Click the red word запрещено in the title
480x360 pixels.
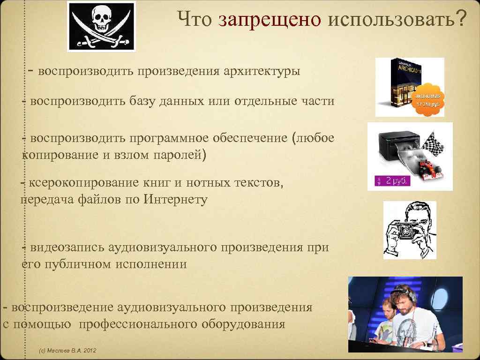pyautogui.click(x=269, y=20)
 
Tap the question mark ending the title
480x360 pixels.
pyautogui.click(x=461, y=20)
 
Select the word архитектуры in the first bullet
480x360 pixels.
pyautogui.click(x=262, y=71)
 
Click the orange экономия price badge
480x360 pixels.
pyautogui.click(x=427, y=98)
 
